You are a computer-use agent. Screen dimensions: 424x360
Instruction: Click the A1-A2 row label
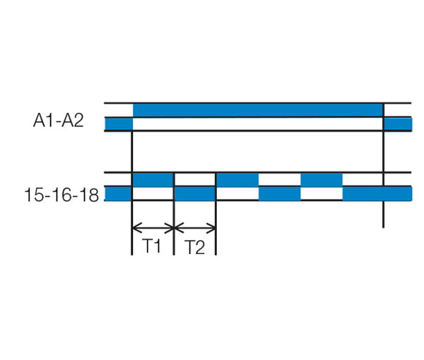pos(59,121)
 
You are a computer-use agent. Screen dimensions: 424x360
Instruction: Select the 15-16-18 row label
pos(61,195)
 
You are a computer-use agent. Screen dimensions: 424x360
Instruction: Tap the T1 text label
pos(152,246)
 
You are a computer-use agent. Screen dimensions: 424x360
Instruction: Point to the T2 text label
pos(195,247)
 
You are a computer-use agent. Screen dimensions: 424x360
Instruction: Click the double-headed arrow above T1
pos(153,228)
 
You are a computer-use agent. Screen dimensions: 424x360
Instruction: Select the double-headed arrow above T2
pos(195,228)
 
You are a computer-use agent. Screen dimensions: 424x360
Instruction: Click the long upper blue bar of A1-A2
pos(258,110)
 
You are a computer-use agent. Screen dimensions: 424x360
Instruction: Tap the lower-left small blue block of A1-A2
pos(119,124)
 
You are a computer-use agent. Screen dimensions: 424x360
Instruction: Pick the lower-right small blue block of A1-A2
pos(398,124)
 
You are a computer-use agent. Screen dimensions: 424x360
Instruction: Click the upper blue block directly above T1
pos(153,179)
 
